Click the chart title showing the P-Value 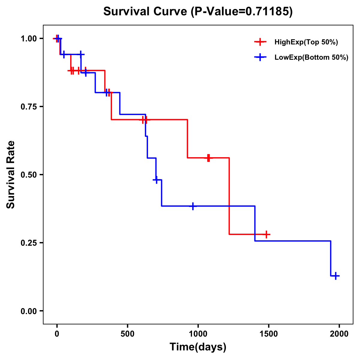coord(198,11)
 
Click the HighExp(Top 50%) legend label coord(306,42)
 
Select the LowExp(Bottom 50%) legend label coord(311,58)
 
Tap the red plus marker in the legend coord(260,42)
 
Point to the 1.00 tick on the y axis coord(28,39)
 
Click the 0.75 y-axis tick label coord(28,107)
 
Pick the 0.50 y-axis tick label coord(28,175)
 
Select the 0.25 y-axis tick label coord(28,243)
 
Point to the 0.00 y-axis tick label coord(28,311)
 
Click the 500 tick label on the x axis coord(127,334)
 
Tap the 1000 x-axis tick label coord(198,334)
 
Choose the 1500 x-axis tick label coord(268,334)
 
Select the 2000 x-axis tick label coord(339,334)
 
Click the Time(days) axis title coord(198,347)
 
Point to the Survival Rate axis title coord(11,175)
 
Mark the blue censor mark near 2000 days coord(336,276)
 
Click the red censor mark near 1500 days coord(266,234)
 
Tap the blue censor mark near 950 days coord(193,206)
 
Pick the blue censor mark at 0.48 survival coord(156,179)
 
